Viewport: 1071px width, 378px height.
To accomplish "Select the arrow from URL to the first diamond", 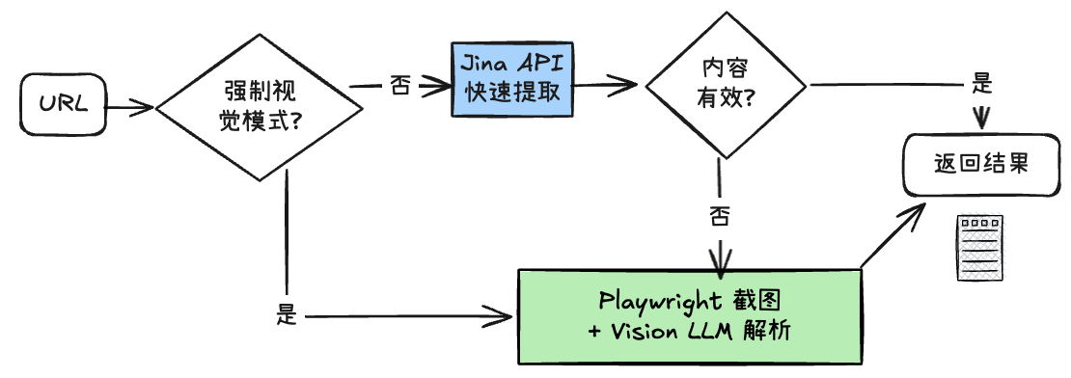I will [x=127, y=105].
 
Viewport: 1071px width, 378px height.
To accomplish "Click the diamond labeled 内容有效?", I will [x=725, y=84].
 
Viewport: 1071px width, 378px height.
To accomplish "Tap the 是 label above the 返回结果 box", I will [x=982, y=83].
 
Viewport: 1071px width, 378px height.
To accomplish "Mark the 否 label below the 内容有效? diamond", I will [x=719, y=215].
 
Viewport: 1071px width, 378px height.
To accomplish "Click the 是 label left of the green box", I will [x=287, y=314].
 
